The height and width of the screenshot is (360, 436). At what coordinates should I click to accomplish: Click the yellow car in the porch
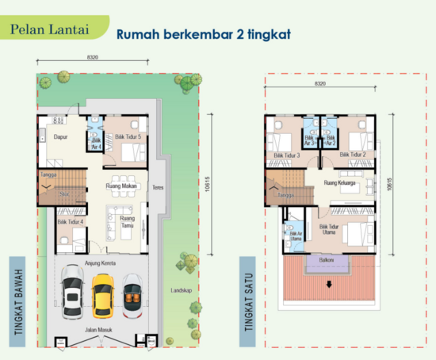pyautogui.click(x=103, y=295)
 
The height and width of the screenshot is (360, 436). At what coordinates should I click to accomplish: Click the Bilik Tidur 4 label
pyautogui.click(x=70, y=223)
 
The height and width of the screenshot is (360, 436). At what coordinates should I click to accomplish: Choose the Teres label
pyautogui.click(x=157, y=189)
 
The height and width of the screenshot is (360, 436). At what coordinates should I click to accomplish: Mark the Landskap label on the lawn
pyautogui.click(x=181, y=291)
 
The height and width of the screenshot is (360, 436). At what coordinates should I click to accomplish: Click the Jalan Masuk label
pyautogui.click(x=98, y=327)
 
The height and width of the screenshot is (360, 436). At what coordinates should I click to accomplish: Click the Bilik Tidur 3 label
pyautogui.click(x=285, y=155)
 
